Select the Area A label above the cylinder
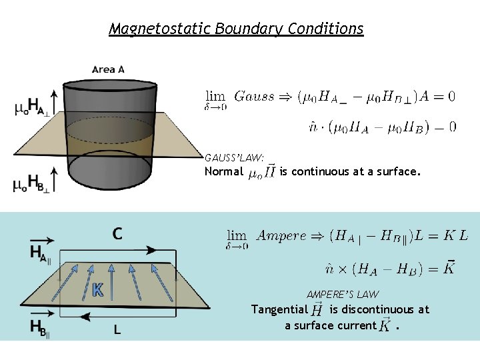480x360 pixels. [108, 69]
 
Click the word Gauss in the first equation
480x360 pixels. [253, 96]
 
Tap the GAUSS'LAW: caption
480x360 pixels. [234, 157]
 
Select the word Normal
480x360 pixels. [223, 172]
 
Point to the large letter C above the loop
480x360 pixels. [117, 233]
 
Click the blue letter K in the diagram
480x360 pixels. [97, 289]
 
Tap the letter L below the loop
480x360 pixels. [117, 329]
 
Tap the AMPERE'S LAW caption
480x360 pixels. [343, 294]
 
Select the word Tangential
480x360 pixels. [279, 309]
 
